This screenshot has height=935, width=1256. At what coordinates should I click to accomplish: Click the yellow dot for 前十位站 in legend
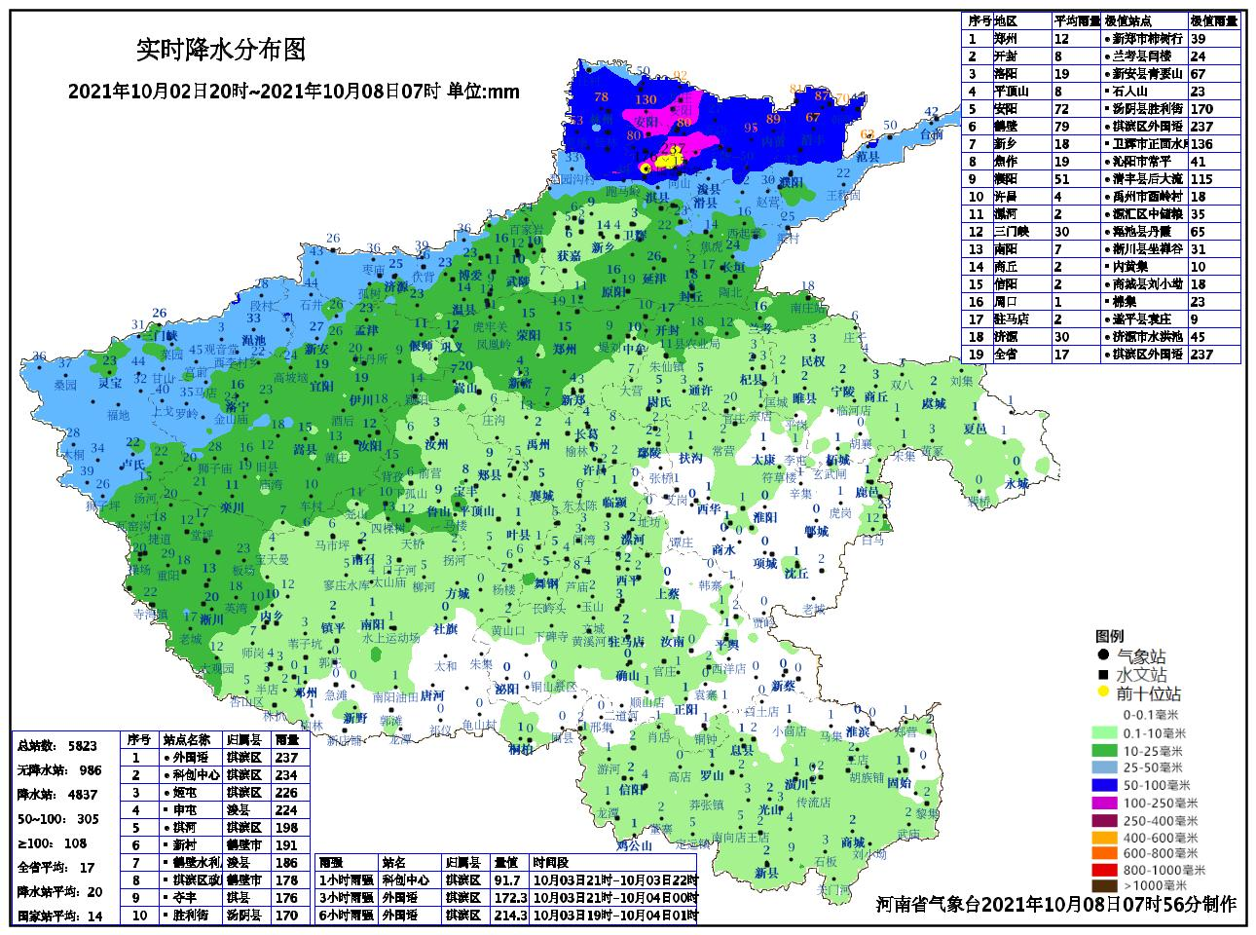pos(1102,693)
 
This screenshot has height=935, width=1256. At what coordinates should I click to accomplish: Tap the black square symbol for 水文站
pos(1102,675)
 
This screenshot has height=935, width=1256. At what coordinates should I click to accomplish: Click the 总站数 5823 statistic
pos(57,746)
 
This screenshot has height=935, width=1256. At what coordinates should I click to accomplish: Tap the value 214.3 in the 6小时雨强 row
pos(509,916)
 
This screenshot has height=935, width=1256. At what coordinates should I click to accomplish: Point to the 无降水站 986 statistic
pos(57,770)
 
